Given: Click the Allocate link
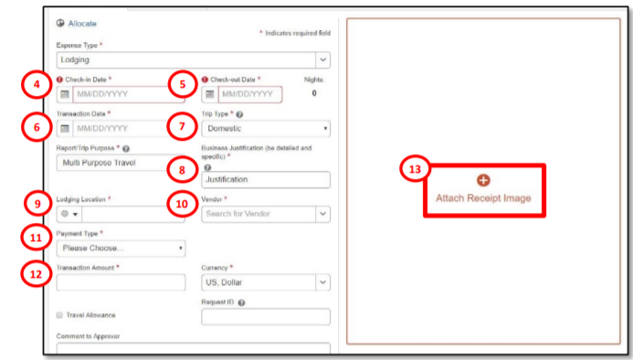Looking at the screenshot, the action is pyautogui.click(x=82, y=24).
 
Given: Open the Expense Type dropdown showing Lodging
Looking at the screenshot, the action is pyautogui.click(x=194, y=59).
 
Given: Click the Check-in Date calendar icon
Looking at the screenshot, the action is pyautogui.click(x=65, y=94).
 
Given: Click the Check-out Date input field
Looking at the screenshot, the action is pyautogui.click(x=250, y=94).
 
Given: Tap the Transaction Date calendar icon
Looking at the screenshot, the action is pyautogui.click(x=65, y=129).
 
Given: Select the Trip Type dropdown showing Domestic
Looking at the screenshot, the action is pyautogui.click(x=266, y=129).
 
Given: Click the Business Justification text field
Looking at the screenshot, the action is pyautogui.click(x=266, y=179).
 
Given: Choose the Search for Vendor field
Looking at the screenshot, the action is pyautogui.click(x=266, y=214).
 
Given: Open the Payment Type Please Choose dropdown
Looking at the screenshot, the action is pyautogui.click(x=121, y=249).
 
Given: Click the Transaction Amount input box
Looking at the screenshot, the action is pyautogui.click(x=121, y=282).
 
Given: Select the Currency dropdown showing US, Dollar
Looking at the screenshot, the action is pyautogui.click(x=266, y=282).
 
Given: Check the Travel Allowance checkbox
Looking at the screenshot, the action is pyautogui.click(x=59, y=315).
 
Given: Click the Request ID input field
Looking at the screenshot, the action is pyautogui.click(x=266, y=317).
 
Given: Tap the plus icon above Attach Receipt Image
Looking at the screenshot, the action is pyautogui.click(x=483, y=180).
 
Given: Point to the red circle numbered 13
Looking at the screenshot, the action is pyautogui.click(x=415, y=169).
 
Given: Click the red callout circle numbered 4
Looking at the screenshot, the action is pyautogui.click(x=37, y=84).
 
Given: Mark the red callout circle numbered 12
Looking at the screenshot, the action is pyautogui.click(x=36, y=274).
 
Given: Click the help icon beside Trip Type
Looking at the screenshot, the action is pyautogui.click(x=239, y=115).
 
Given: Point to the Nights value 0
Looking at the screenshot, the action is pyautogui.click(x=314, y=93).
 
